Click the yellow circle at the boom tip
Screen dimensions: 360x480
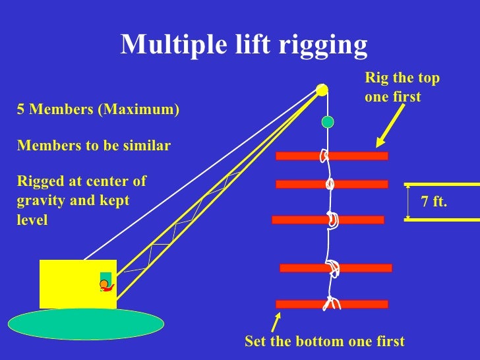(322, 90)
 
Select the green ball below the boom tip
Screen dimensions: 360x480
(328, 122)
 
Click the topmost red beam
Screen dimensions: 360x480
(356, 156)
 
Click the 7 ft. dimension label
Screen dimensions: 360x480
(434, 202)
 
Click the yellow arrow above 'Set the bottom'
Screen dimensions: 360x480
(277, 322)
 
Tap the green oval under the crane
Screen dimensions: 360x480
(86, 324)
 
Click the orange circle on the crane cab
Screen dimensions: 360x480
(104, 284)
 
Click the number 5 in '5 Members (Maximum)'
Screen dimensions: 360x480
(20, 109)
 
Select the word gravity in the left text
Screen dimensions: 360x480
(39, 200)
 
